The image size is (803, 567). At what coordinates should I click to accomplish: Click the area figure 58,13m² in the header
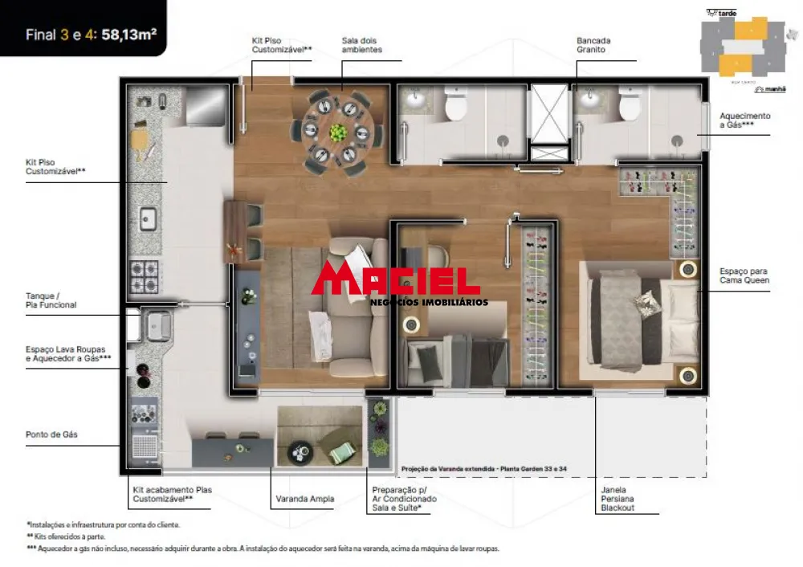[x=129, y=35]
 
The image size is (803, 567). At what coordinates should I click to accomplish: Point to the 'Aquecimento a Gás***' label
[x=744, y=120]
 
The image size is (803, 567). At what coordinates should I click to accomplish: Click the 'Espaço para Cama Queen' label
[x=744, y=275]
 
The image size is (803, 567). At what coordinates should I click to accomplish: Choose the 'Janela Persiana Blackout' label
[x=618, y=498]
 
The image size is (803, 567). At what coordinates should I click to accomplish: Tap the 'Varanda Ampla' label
[x=304, y=500]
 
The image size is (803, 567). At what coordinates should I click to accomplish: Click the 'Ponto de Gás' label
[x=51, y=435]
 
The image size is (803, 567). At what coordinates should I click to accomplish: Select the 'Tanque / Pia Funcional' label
[x=51, y=300]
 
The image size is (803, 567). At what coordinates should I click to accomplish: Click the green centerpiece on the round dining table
[x=339, y=131]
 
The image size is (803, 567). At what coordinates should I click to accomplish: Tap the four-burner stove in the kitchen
[x=145, y=277]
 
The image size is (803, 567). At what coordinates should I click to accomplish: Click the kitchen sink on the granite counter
[x=148, y=217]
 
